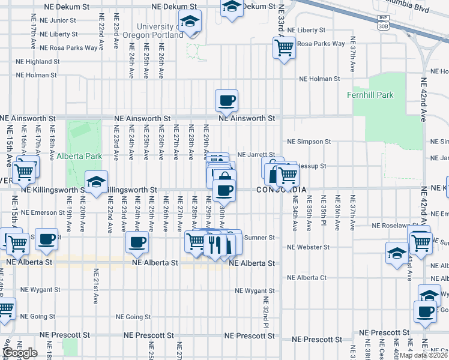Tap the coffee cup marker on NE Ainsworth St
click(226, 101)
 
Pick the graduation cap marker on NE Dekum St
click(231, 7)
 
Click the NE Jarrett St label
click(257, 155)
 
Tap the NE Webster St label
click(309, 247)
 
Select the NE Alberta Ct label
click(307, 278)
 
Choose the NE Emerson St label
click(42, 212)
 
